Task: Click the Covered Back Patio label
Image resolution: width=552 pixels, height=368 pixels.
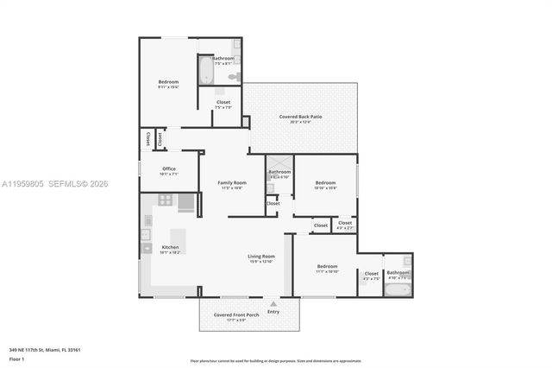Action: point(300,117)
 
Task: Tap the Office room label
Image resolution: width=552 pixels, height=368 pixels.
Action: point(168,169)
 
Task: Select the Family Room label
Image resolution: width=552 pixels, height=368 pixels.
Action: point(231,183)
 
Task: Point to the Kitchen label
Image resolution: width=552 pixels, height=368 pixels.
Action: point(169,247)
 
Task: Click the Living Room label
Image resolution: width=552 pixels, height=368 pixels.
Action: point(261,257)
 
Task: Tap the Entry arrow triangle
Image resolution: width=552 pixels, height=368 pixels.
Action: point(273,305)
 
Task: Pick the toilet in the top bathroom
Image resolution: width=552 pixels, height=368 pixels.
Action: point(234,77)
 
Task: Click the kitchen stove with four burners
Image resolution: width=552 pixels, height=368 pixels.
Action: point(165,200)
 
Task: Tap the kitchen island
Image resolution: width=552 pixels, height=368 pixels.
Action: point(179,239)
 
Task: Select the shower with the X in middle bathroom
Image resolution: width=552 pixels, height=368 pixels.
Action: point(279,163)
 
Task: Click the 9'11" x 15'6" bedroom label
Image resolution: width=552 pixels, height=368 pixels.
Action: point(168,83)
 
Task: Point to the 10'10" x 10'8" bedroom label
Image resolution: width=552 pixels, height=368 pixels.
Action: point(325,183)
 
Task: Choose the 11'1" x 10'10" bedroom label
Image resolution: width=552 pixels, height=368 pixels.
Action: point(327,267)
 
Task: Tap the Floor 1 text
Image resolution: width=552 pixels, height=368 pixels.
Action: point(16,358)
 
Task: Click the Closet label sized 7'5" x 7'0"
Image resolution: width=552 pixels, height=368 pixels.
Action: point(223,103)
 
